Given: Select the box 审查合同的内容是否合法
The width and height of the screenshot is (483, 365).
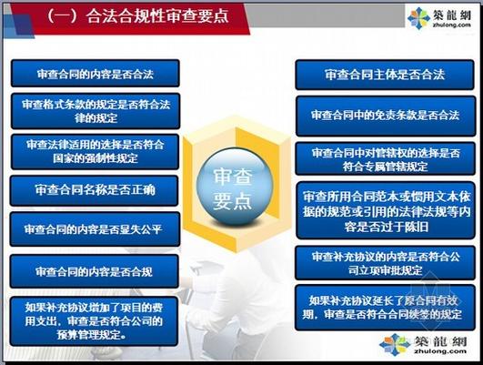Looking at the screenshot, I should [x=95, y=73].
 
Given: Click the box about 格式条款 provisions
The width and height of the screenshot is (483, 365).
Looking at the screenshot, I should [x=95, y=110].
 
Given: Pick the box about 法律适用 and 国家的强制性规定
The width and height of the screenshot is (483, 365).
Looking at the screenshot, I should [x=95, y=150].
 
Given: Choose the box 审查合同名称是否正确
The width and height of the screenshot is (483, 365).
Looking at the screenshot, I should [x=95, y=190].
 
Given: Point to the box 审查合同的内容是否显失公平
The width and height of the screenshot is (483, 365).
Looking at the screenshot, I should [x=95, y=229].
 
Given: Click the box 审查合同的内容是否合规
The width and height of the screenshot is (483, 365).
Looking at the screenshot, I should [x=95, y=271].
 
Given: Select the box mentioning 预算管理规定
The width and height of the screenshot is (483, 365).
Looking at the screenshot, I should [x=95, y=319].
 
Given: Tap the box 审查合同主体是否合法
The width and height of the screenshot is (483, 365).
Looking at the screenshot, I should [x=385, y=74].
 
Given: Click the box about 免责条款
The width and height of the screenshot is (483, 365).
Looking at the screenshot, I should [x=385, y=116].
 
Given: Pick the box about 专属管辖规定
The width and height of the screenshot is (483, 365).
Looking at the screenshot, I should [x=385, y=158].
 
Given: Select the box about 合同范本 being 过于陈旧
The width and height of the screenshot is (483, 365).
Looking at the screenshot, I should [x=385, y=210].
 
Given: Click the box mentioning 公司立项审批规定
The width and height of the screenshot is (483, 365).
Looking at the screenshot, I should [x=385, y=262].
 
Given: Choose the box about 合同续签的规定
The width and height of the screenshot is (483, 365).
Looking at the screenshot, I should [x=385, y=307].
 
